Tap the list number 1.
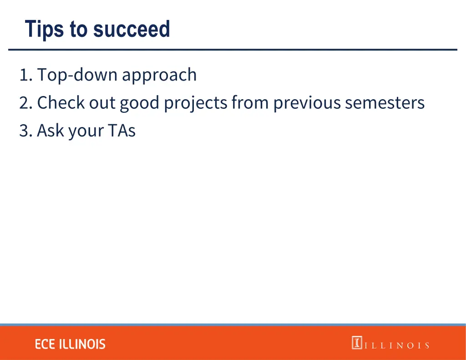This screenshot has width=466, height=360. click(25, 75)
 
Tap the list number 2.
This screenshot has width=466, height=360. click(25, 103)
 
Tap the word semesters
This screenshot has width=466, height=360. click(385, 103)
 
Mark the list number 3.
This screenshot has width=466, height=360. click(25, 131)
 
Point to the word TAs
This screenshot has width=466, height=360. click(122, 131)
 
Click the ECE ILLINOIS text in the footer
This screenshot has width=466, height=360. click(70, 344)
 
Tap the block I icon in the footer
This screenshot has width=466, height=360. click(357, 343)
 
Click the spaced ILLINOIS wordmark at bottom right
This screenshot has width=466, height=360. click(396, 345)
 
